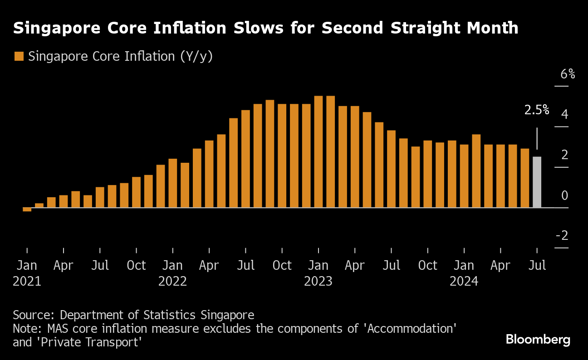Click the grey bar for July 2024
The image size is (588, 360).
[x=537, y=182]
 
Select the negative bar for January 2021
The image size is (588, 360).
[x=27, y=209]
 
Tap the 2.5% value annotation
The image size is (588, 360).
[x=537, y=110]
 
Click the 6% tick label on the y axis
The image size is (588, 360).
[x=567, y=74]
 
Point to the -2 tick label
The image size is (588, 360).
[x=562, y=236]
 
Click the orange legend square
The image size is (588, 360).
[x=19, y=57]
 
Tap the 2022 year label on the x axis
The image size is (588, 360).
[x=172, y=282]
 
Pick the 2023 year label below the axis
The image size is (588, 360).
[x=318, y=282]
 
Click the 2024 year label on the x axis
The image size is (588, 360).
[x=464, y=282]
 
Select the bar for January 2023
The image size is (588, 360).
[x=318, y=152]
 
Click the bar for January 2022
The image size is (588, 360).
[x=173, y=183]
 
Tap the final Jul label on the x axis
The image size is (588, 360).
[x=537, y=266]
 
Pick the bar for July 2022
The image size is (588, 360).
[x=245, y=159]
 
